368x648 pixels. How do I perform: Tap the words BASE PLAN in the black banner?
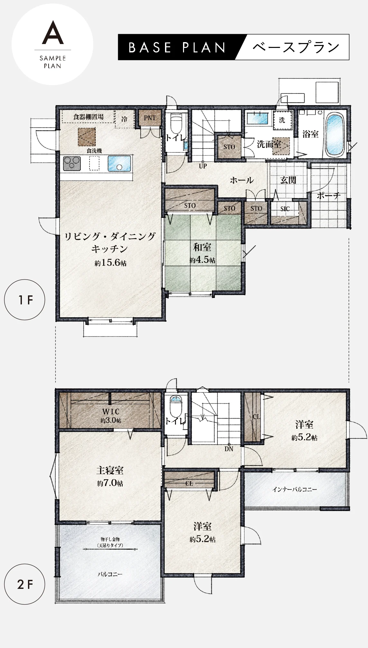177,48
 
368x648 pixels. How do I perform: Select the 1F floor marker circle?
24,300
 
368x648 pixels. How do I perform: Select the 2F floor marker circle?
24,584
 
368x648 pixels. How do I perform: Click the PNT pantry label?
150,118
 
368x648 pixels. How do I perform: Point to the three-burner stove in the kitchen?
72,163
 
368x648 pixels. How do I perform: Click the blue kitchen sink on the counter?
119,163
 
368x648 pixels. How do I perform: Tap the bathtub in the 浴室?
336,133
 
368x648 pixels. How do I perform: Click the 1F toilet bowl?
176,124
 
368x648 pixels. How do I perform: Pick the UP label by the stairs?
203,166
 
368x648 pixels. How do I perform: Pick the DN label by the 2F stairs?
229,449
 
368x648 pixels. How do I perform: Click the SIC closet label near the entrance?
285,209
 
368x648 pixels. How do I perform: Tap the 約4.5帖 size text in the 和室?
202,260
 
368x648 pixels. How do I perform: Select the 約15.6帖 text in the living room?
110,263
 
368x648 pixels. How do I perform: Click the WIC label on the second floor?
111,411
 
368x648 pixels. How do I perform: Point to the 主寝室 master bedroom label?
110,471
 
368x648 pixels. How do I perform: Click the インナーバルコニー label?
294,490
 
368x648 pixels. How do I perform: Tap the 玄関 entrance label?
288,180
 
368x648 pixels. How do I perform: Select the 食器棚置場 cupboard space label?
88,117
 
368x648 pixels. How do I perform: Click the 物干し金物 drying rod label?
110,539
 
